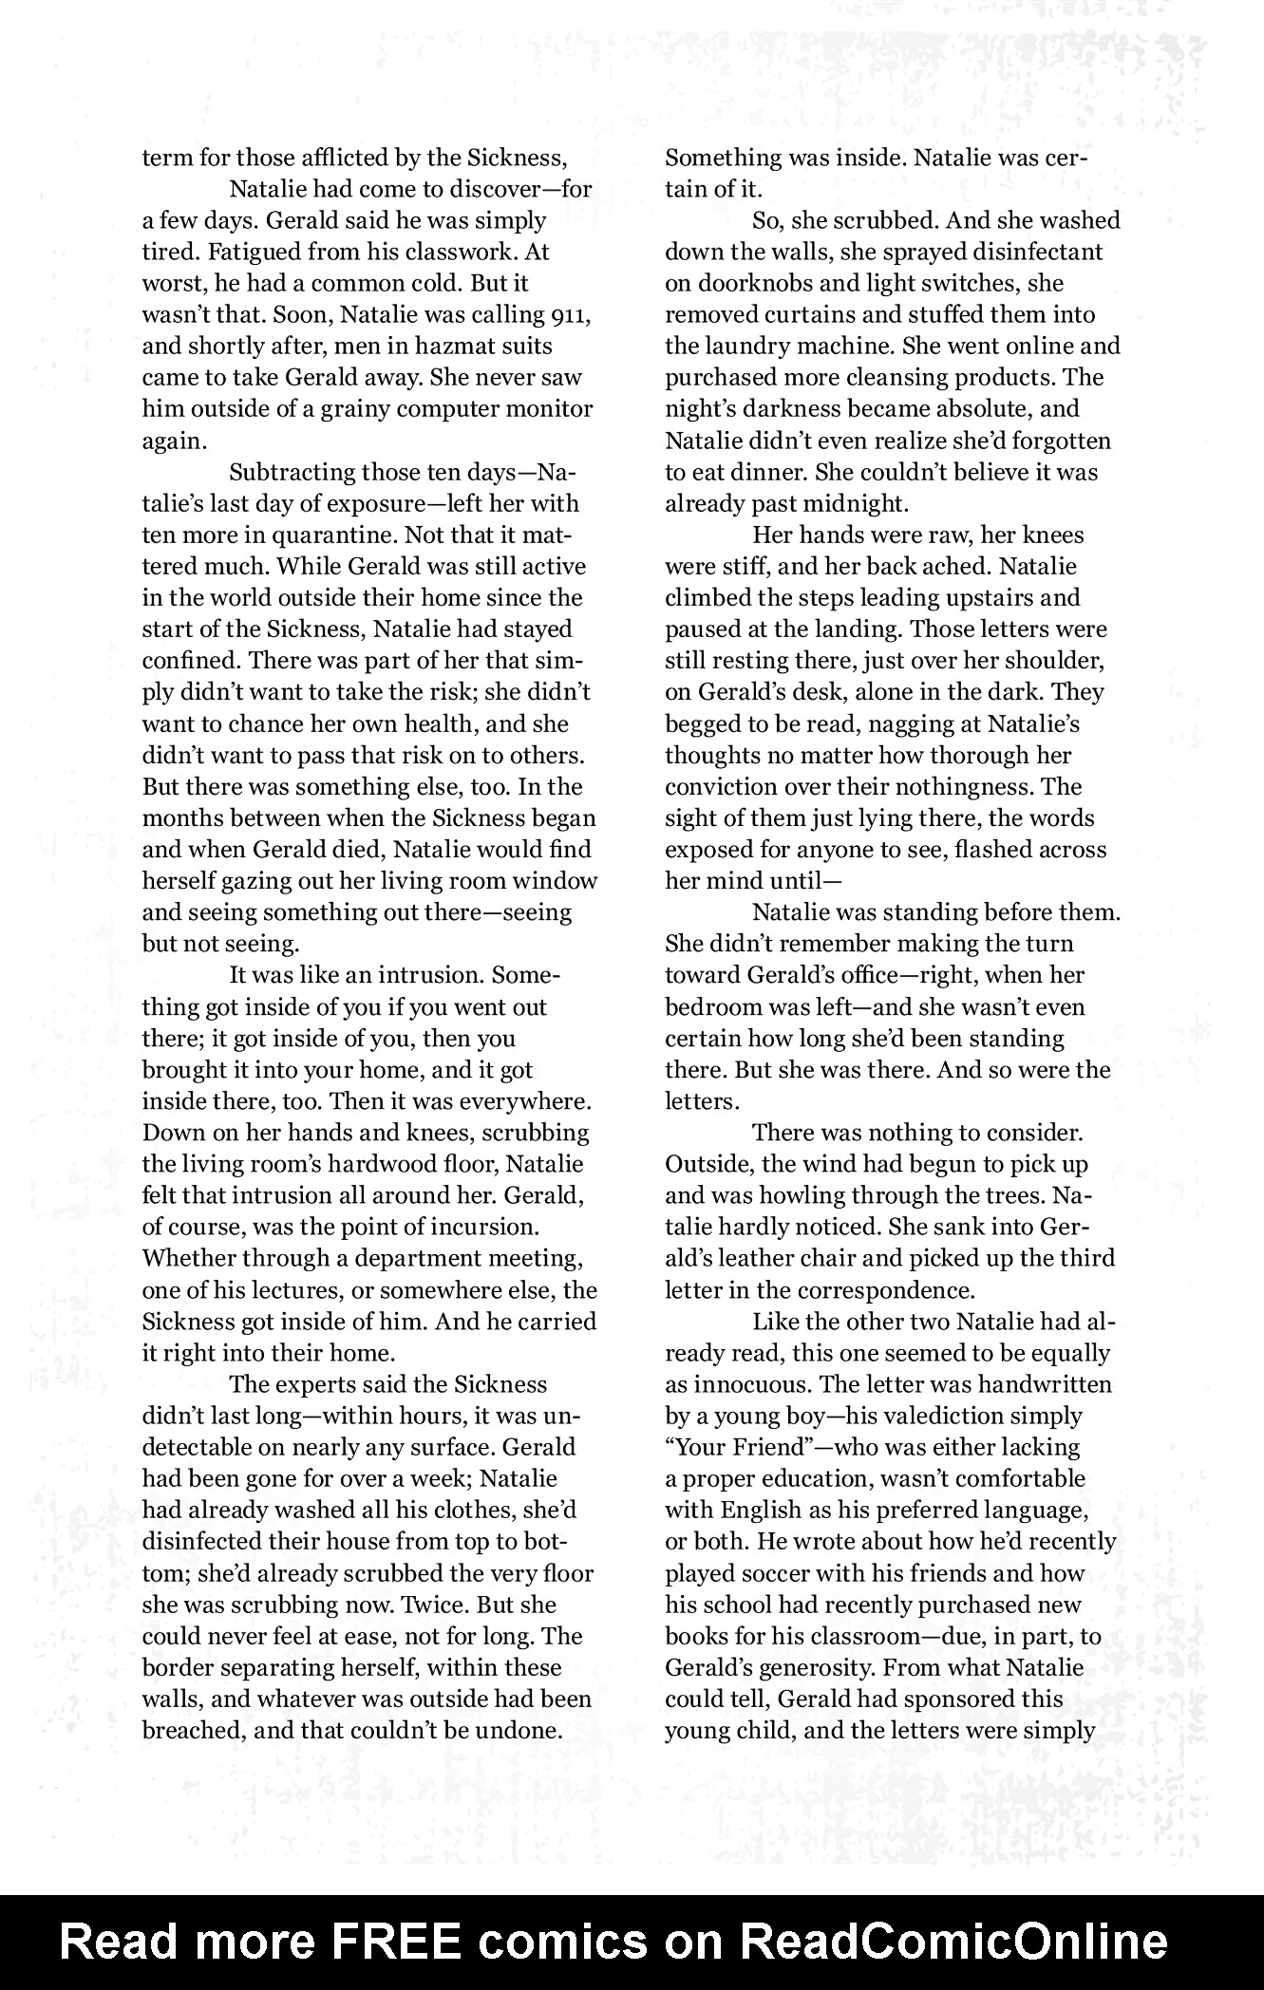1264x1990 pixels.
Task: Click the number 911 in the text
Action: [x=571, y=314]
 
